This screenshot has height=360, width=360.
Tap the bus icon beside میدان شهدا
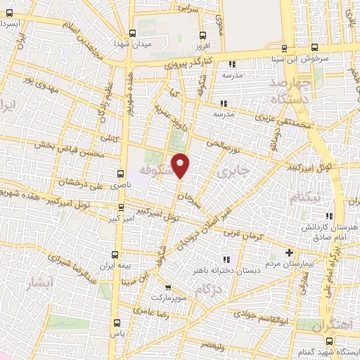tap(131, 33)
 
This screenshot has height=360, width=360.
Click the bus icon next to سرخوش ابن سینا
tap(284, 48)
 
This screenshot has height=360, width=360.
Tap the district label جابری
tap(233, 171)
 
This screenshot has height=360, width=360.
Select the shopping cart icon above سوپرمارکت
tap(167, 287)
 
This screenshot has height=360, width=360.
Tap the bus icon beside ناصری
tap(120, 172)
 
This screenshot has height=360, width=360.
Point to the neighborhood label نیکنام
tap(304, 198)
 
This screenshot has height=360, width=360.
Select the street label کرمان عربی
tap(243, 233)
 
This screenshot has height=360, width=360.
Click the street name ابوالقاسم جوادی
tap(259, 321)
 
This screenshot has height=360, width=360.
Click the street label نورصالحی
tap(222, 143)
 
